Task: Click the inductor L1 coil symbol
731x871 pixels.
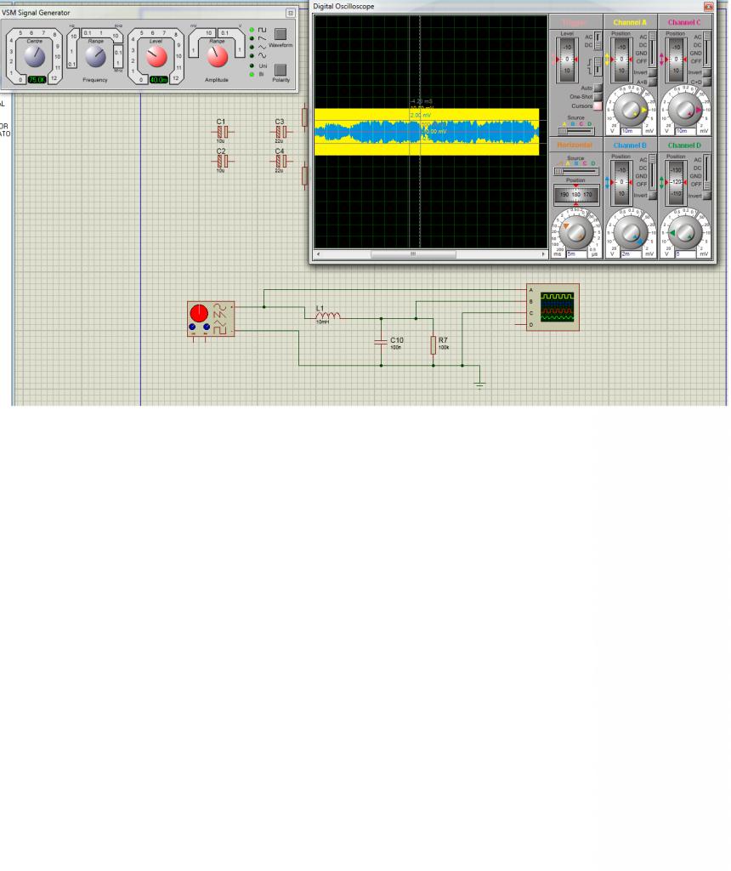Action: [x=328, y=317]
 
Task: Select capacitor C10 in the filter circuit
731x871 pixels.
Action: [x=381, y=342]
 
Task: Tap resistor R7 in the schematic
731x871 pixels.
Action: [x=433, y=344]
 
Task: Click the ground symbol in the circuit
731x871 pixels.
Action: [x=479, y=384]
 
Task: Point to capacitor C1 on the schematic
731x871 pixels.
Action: [x=220, y=133]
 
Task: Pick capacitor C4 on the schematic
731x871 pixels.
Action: [x=280, y=162]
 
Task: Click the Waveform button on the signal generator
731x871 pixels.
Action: [x=280, y=35]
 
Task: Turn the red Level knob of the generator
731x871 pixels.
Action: [x=156, y=57]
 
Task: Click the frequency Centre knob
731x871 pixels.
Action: [x=34, y=57]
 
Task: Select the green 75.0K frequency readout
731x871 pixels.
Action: [x=37, y=80]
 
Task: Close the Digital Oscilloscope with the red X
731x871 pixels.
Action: [x=709, y=6]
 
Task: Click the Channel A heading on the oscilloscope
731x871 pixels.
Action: [x=630, y=22]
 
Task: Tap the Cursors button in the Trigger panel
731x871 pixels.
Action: [x=598, y=106]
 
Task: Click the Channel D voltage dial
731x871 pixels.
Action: [x=685, y=231]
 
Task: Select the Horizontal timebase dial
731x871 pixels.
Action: [x=575, y=231]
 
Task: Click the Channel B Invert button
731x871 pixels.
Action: [x=653, y=195]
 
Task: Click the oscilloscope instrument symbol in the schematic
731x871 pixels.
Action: [x=552, y=307]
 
